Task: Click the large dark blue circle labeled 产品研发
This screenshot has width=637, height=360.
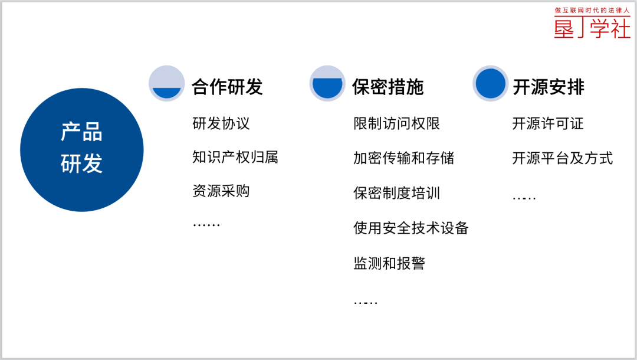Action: (81, 149)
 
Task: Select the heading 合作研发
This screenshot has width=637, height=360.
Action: (227, 87)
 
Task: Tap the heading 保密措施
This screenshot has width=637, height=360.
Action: (388, 87)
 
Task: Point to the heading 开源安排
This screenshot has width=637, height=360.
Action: (549, 87)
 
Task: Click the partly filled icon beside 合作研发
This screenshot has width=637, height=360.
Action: (166, 83)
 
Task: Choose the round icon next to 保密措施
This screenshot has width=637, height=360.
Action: (327, 83)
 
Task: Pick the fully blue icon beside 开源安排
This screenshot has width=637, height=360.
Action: (490, 83)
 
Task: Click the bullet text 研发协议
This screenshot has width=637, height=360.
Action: (221, 123)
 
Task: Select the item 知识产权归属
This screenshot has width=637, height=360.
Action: (235, 157)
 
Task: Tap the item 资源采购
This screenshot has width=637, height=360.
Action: (221, 191)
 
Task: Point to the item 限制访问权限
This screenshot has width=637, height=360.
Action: (396, 123)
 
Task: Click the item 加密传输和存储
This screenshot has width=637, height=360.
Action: (404, 158)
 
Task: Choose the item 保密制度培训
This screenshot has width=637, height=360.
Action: (396, 193)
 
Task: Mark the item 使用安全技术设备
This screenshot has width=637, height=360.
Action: (411, 228)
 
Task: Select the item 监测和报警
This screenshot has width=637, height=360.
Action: (389, 263)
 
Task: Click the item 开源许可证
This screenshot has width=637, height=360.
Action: (547, 123)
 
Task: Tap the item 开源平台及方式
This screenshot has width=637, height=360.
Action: (562, 158)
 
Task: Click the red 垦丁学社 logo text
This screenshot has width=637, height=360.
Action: (592, 28)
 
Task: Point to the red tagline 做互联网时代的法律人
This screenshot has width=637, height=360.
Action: (592, 10)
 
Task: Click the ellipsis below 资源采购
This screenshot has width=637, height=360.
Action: (206, 225)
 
